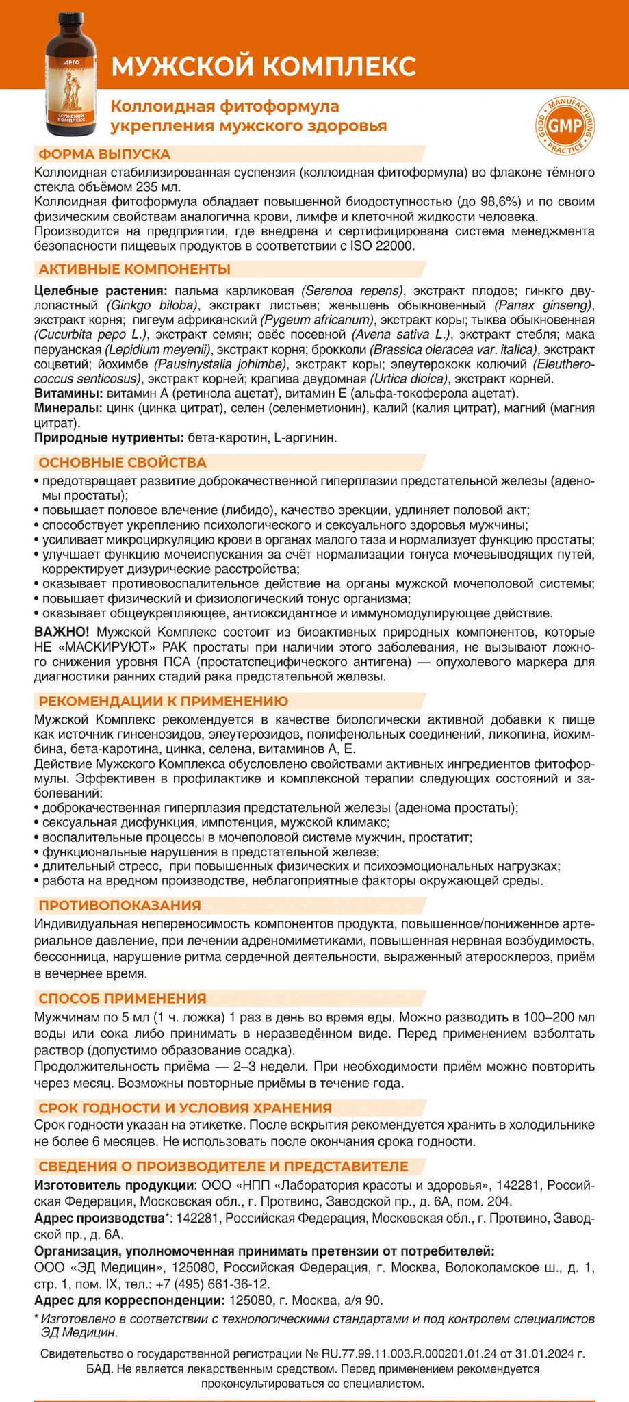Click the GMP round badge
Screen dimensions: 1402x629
tap(565, 126)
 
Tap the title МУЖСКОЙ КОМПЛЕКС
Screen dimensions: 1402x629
tap(264, 66)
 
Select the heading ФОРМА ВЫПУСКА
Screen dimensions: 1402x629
tap(105, 154)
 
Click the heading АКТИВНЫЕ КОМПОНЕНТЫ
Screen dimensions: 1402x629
tap(135, 269)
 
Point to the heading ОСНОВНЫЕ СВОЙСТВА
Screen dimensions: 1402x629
tap(123, 463)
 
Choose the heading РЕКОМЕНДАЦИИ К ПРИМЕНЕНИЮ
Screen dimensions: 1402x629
tap(164, 701)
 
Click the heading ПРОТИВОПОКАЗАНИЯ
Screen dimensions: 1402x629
tap(120, 906)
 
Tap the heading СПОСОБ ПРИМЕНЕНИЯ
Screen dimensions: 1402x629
tap(123, 998)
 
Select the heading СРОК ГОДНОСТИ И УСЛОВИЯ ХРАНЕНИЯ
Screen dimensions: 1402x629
tap(185, 1108)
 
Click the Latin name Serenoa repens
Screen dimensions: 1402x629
tap(352, 290)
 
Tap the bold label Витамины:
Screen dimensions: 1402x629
tap(68, 394)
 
